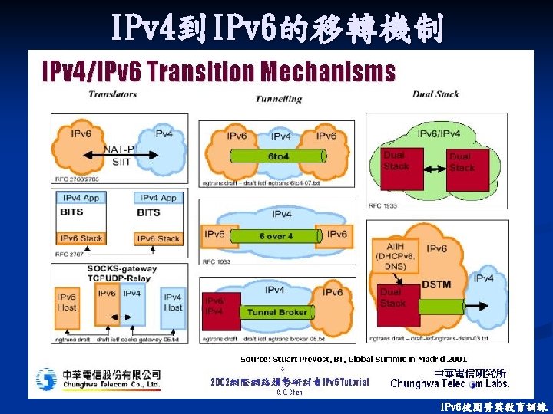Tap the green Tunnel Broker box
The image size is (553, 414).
[277, 312]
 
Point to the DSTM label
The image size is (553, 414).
[435, 284]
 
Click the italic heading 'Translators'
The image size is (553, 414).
[112, 94]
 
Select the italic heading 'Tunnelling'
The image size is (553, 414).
[277, 99]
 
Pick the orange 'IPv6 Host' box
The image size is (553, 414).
[67, 301]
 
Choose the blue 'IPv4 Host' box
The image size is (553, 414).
[173, 301]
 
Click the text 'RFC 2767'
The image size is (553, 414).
[68, 253]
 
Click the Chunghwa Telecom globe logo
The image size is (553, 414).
[46, 378]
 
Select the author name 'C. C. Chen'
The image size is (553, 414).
[290, 393]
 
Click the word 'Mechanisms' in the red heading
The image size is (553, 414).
[328, 71]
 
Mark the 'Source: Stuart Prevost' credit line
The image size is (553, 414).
[353, 358]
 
